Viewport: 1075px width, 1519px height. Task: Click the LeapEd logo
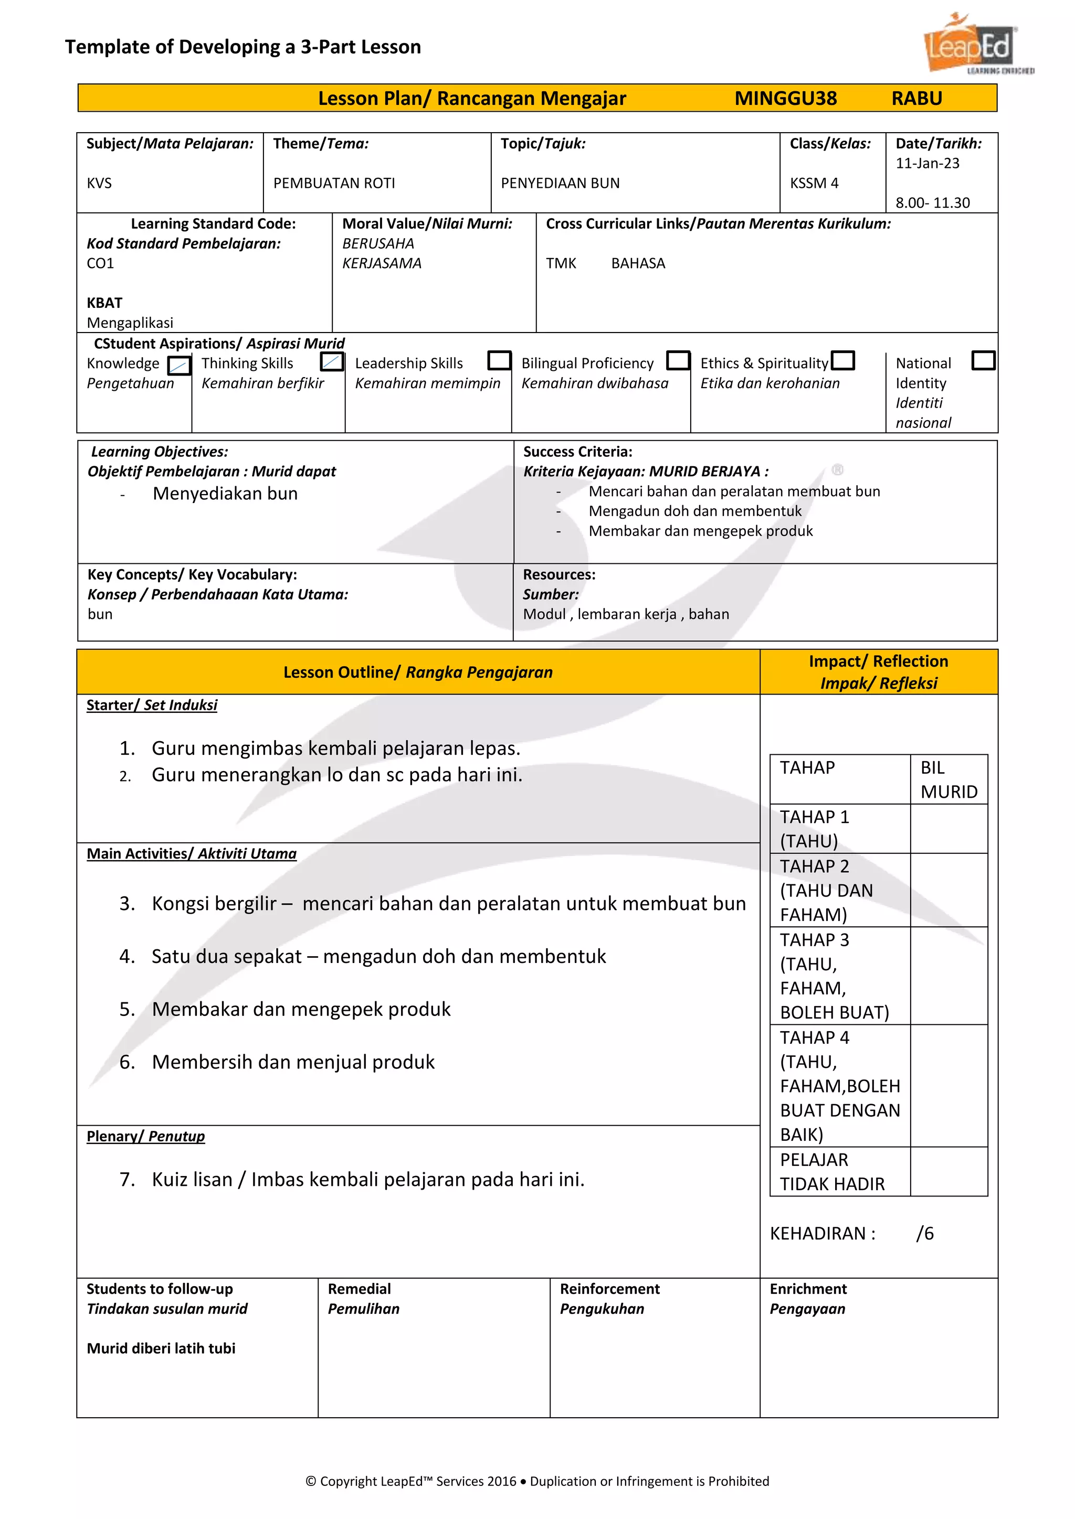(973, 45)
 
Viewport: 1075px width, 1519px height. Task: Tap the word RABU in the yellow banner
(916, 99)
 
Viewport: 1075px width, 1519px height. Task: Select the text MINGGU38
(785, 99)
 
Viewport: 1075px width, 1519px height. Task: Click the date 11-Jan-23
(927, 164)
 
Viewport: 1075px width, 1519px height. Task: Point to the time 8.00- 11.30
(932, 203)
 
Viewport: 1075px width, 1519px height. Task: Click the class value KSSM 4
(814, 183)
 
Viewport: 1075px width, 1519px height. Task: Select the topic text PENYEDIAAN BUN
(560, 183)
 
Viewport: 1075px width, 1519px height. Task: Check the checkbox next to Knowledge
(178, 365)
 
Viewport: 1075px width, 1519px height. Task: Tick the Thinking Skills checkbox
(332, 361)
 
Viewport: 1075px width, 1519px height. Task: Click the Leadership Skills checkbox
(499, 360)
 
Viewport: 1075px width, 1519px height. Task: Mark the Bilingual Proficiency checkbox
(678, 360)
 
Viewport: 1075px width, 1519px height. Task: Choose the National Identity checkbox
(983, 360)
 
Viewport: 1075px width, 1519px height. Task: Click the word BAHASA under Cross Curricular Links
(637, 263)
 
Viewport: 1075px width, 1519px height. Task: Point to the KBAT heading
(104, 303)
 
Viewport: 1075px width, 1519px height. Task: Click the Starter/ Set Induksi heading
(152, 705)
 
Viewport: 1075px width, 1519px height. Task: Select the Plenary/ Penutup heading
(145, 1137)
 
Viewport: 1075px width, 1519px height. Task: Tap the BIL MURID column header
(948, 779)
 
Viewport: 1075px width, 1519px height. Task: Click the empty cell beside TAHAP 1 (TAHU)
(948, 828)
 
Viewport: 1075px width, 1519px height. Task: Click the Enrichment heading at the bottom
(808, 1289)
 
